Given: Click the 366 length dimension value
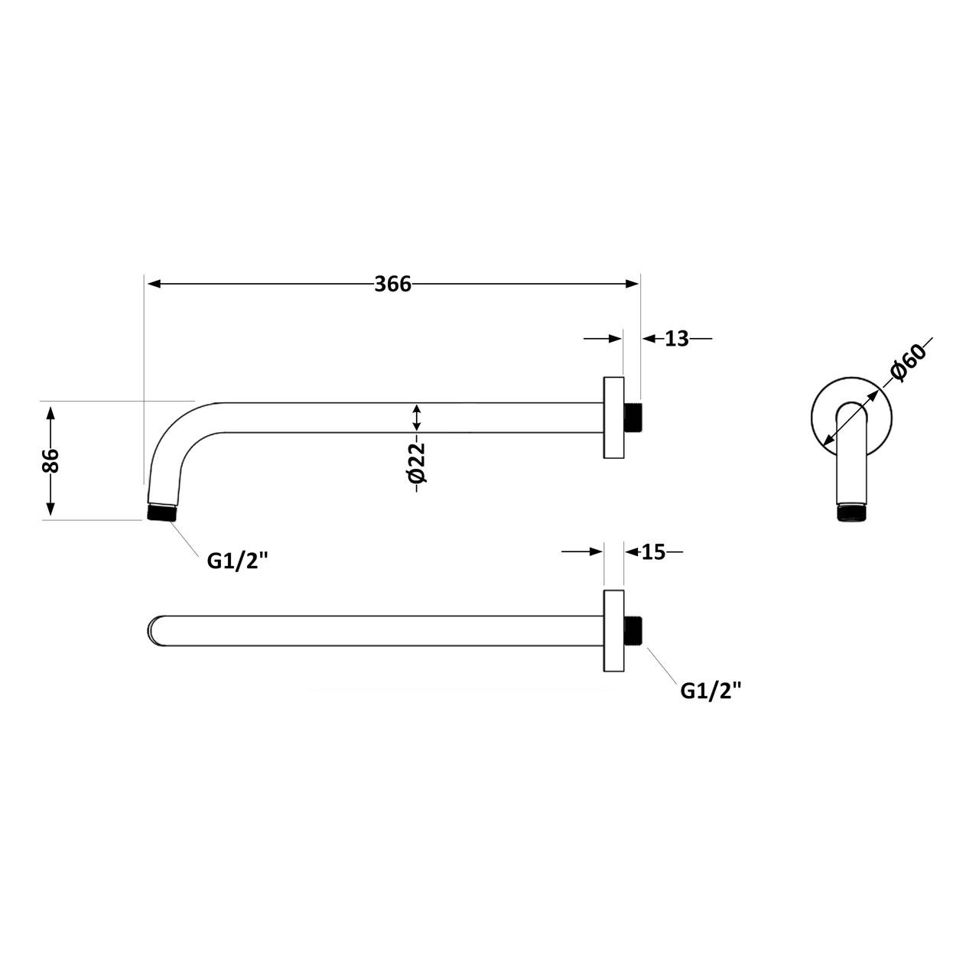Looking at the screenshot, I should tap(392, 284).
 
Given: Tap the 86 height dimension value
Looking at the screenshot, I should tap(50, 460).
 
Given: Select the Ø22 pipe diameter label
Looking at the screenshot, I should tap(417, 463).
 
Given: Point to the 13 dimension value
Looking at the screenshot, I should tap(676, 338).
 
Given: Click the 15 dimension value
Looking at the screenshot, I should tap(653, 551).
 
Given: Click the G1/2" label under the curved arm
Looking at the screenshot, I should tap(238, 561).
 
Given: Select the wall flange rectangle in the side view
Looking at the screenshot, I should tap(613, 418).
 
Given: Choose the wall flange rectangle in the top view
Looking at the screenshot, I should tap(613, 632).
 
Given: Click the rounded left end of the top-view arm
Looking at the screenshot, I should tap(154, 632).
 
